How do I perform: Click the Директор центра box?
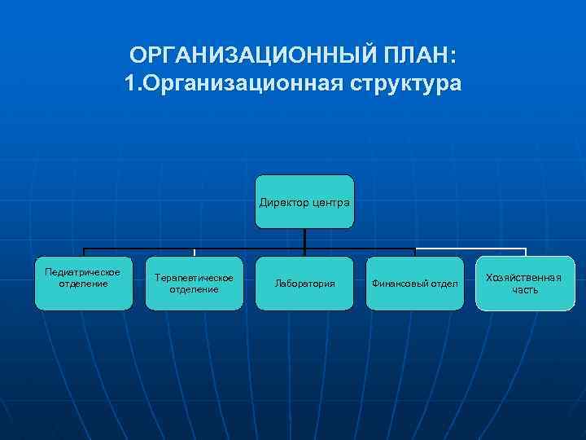pyautogui.click(x=304, y=202)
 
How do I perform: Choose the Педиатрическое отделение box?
pyautogui.click(x=83, y=284)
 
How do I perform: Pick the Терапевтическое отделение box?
pyautogui.click(x=194, y=284)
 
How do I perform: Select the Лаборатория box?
pyautogui.click(x=304, y=284)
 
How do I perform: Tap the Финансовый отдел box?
pyautogui.click(x=415, y=284)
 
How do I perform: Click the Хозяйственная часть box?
pyautogui.click(x=524, y=284)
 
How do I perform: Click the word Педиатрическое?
pyautogui.click(x=83, y=272)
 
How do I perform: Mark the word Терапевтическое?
pyautogui.click(x=194, y=278)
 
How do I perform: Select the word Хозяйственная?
pyautogui.click(x=524, y=278)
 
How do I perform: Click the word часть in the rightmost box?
pyautogui.click(x=524, y=289)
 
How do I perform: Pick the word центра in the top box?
pyautogui.click(x=330, y=202)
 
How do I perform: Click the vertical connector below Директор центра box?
pyautogui.click(x=304, y=238)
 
